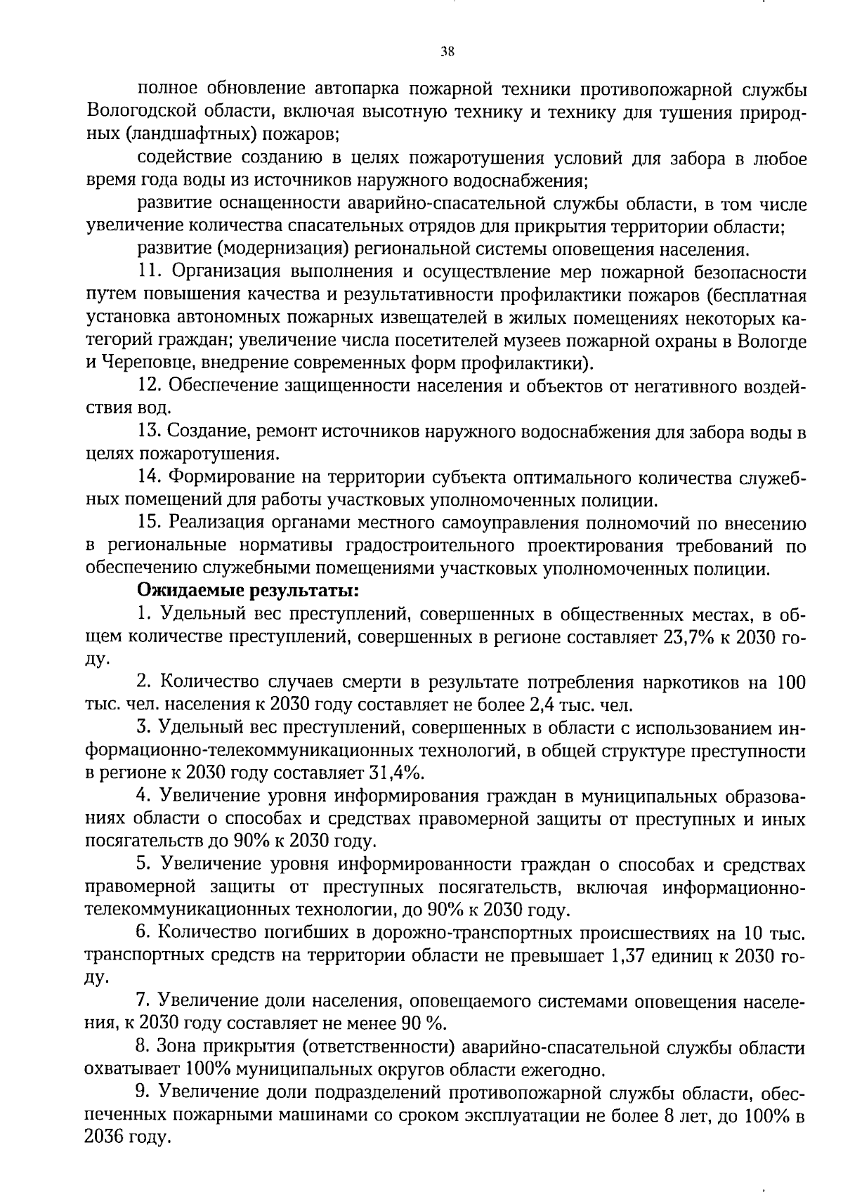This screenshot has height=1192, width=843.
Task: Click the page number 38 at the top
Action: click(x=447, y=51)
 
